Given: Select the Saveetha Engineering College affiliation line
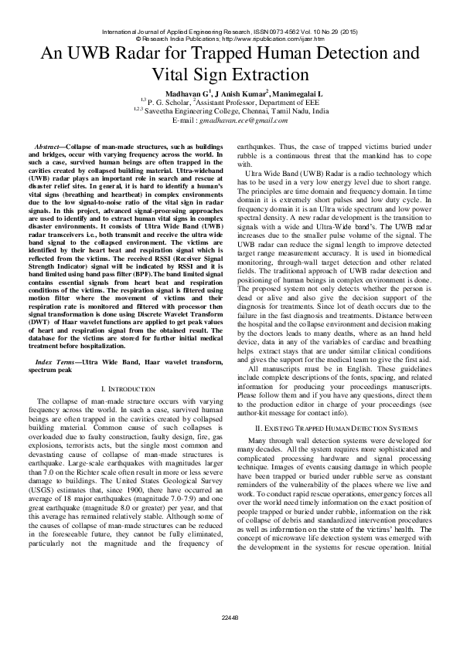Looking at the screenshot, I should click(230, 111).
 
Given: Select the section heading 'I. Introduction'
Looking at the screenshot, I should click(130, 387).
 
